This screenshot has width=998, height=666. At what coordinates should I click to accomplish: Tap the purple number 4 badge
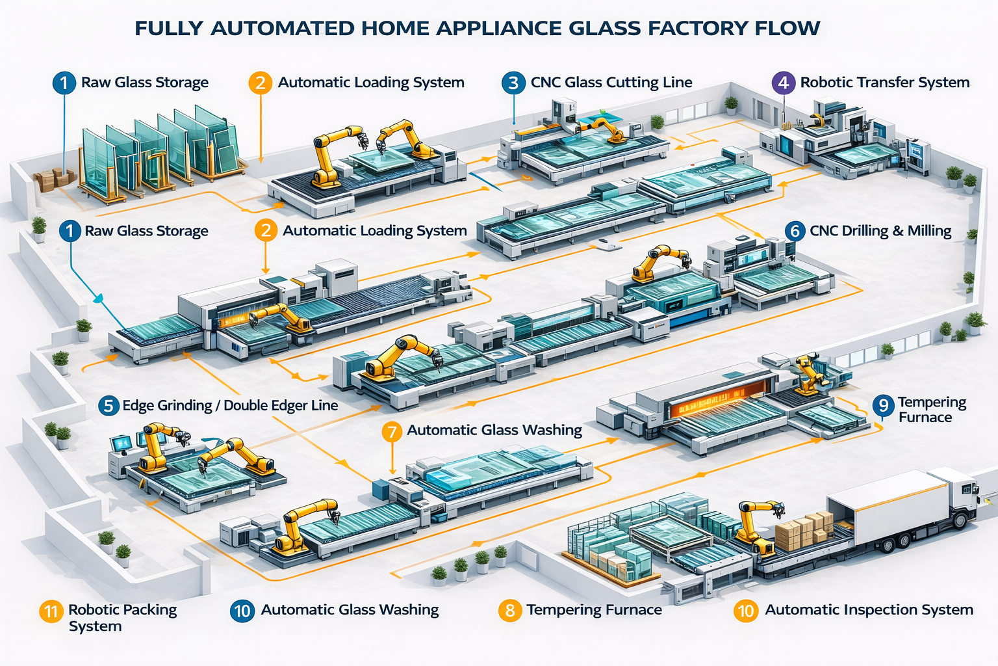click(x=783, y=83)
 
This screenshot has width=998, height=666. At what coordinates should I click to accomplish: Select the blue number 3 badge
click(x=513, y=83)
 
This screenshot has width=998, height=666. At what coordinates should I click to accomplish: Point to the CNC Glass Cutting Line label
click(x=611, y=83)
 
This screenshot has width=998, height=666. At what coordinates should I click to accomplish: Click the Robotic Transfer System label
click(x=884, y=83)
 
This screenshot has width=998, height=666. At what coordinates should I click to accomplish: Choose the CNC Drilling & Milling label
click(x=880, y=231)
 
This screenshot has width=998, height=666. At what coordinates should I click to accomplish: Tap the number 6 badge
click(x=795, y=231)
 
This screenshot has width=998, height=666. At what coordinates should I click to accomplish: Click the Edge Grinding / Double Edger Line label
click(x=230, y=406)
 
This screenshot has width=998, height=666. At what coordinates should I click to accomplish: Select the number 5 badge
click(x=109, y=406)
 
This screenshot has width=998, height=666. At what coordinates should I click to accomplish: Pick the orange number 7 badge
click(x=392, y=431)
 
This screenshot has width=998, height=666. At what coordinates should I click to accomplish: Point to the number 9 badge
click(x=883, y=406)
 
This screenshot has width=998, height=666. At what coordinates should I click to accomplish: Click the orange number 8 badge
click(x=510, y=611)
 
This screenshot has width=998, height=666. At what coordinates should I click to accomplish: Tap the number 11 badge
click(x=51, y=611)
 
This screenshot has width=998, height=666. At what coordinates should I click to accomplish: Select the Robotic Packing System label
click(x=122, y=618)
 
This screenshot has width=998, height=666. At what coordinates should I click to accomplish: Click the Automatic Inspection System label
click(x=869, y=610)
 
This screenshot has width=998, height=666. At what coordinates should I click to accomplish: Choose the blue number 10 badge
click(x=242, y=611)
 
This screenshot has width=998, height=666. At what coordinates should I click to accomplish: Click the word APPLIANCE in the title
click(x=498, y=29)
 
